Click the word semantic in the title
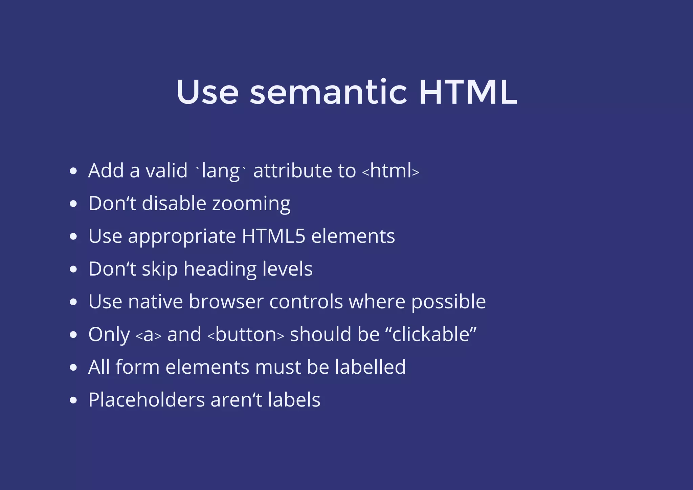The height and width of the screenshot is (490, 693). tap(328, 92)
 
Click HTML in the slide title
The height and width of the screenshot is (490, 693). tap(468, 92)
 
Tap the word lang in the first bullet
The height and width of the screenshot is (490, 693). tap(221, 171)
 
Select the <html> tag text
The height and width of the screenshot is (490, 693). tap(391, 171)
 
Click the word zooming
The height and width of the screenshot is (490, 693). tap(251, 204)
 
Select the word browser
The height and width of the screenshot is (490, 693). tap(226, 302)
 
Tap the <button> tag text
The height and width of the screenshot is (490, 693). tap(246, 334)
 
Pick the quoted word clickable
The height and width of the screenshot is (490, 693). tap(431, 334)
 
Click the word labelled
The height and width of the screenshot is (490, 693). tap(370, 367)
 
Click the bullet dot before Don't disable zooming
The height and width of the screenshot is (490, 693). tap(73, 204)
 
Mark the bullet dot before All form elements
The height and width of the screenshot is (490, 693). tap(73, 368)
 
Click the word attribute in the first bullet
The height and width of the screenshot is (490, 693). tap(292, 171)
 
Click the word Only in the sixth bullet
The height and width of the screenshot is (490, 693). tap(109, 334)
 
